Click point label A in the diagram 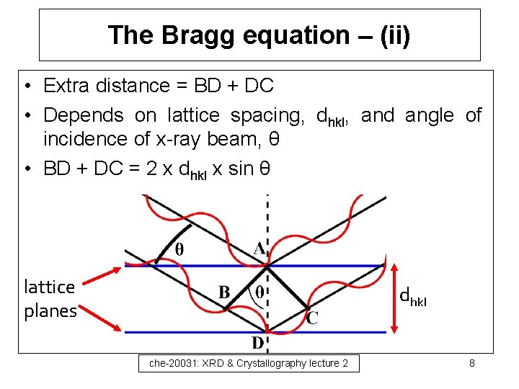pyautogui.click(x=259, y=249)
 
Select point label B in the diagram pyautogui.click(x=224, y=293)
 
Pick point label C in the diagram pyautogui.click(x=312, y=317)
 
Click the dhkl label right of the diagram pyautogui.click(x=413, y=296)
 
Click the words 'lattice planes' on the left pyautogui.click(x=50, y=298)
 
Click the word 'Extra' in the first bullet pyautogui.click(x=67, y=86)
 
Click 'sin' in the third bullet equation pyautogui.click(x=241, y=169)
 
